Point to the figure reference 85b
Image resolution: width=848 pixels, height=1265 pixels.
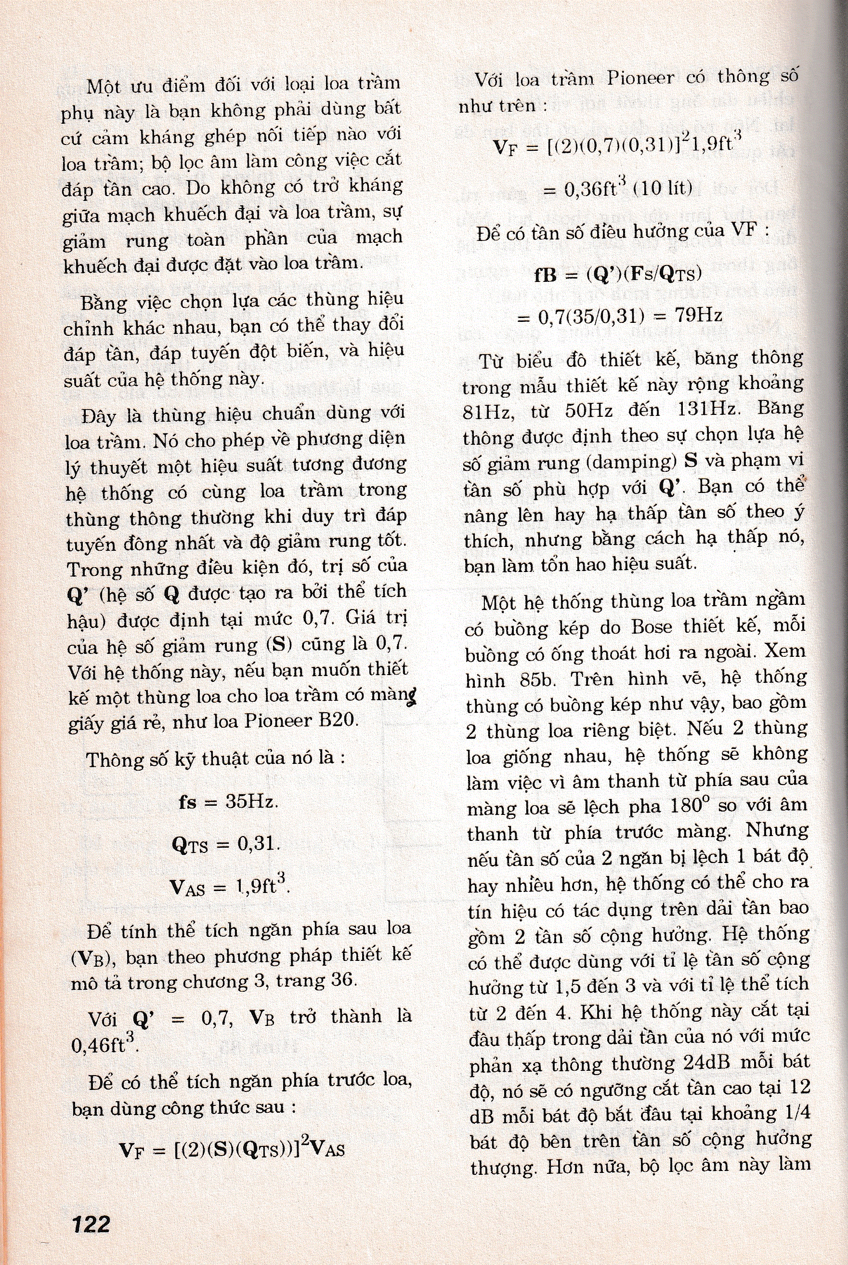click(534, 679)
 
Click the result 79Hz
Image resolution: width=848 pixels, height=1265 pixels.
click(699, 314)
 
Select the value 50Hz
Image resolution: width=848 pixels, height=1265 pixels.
click(588, 410)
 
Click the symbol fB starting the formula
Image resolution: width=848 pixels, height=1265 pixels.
click(545, 275)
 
